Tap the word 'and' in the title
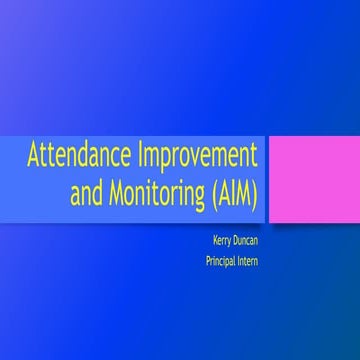[x=86, y=194]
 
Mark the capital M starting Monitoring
[x=114, y=194]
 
